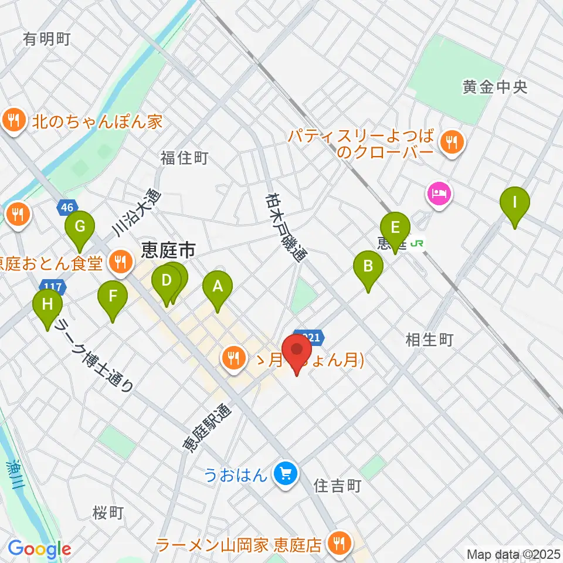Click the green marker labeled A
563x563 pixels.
click(218, 287)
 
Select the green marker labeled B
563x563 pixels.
click(368, 267)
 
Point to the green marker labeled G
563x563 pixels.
click(80, 226)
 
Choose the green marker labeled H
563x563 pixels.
click(48, 305)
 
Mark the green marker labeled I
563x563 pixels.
click(515, 204)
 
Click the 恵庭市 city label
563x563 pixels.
click(168, 252)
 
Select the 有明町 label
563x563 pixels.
click(47, 39)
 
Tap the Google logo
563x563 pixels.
click(39, 548)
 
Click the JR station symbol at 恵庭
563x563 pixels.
click(417, 242)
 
